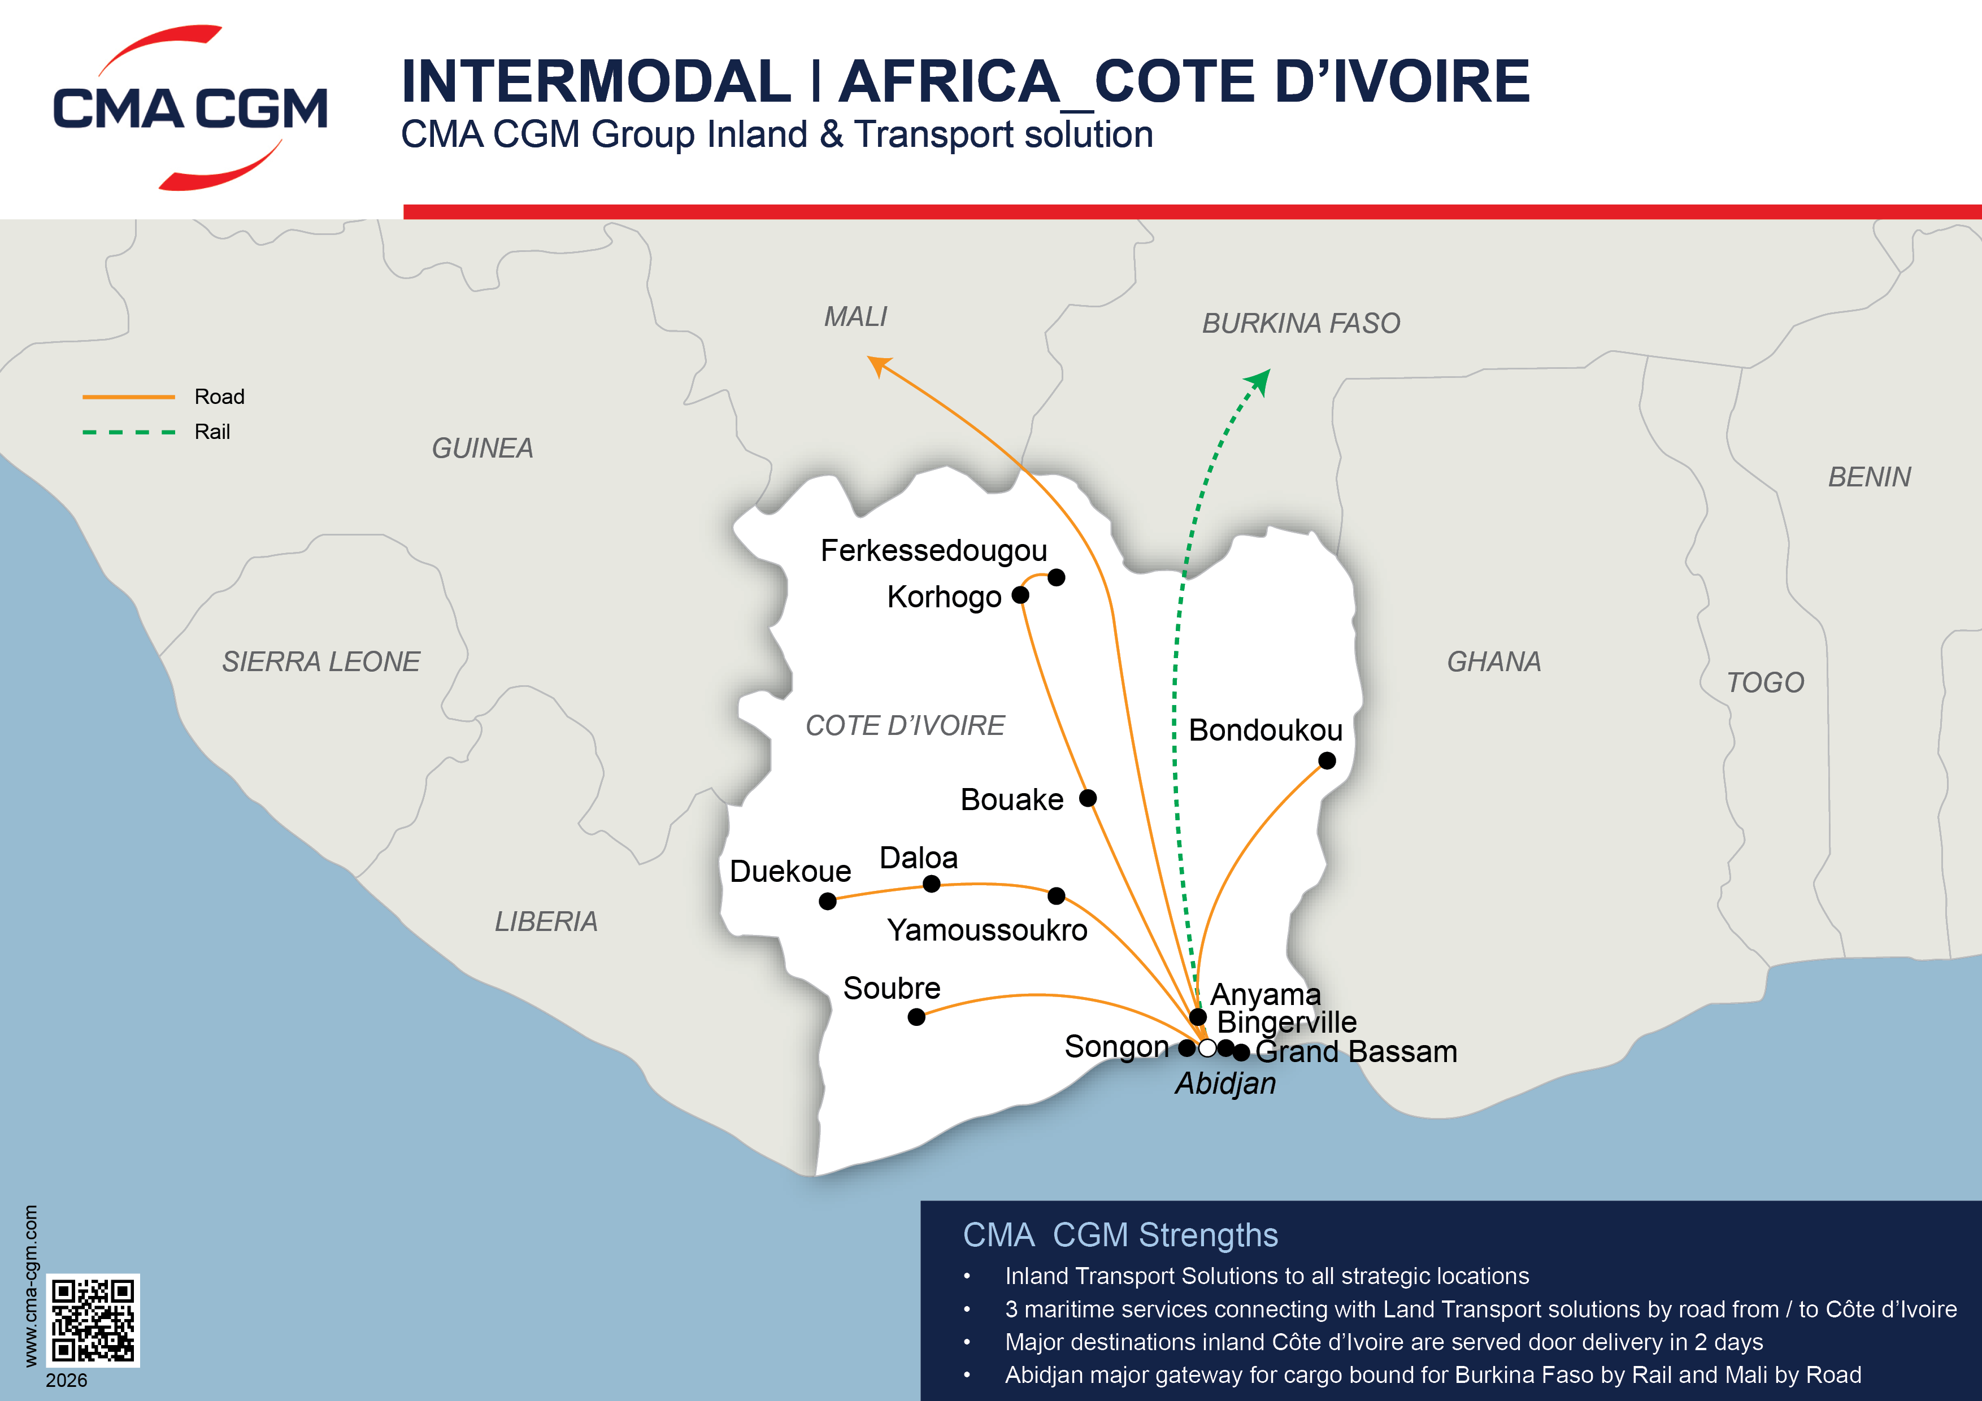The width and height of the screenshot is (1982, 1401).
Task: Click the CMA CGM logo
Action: (x=190, y=108)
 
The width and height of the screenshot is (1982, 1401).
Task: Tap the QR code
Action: (x=92, y=1320)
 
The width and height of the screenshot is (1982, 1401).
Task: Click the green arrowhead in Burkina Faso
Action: (x=1261, y=379)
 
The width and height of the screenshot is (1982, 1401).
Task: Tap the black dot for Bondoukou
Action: (x=1327, y=760)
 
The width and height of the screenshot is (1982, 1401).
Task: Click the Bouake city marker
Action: (x=1088, y=798)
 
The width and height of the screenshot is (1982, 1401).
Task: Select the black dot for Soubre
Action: (x=917, y=1017)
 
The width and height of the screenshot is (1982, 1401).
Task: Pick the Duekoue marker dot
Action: (x=827, y=901)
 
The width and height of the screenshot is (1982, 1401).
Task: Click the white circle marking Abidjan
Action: (x=1207, y=1048)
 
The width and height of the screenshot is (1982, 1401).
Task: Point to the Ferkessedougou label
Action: (x=933, y=550)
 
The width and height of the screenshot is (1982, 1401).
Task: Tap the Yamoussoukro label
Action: (x=986, y=930)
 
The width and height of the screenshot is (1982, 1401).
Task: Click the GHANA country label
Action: (x=1493, y=661)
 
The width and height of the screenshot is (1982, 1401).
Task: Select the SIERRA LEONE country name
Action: (x=321, y=661)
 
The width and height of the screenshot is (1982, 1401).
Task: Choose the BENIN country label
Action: (x=1869, y=476)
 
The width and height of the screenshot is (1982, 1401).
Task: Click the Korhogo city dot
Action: (x=1020, y=595)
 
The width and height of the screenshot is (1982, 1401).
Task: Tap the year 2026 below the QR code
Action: (x=67, y=1380)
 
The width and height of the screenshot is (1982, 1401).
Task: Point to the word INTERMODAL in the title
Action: (x=596, y=81)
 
